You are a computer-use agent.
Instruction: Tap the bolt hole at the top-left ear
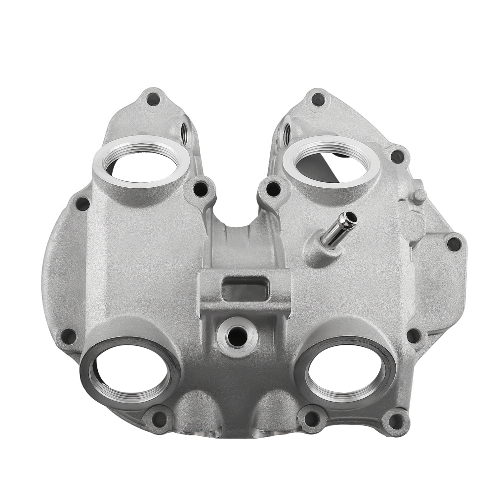click(153, 99)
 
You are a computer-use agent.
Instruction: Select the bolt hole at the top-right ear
click(318, 99)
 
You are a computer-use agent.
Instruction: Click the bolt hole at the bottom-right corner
click(395, 421)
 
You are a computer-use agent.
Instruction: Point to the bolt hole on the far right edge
click(453, 243)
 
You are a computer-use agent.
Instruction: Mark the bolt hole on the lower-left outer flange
click(69, 336)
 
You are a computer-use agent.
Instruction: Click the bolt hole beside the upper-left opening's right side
click(201, 188)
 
